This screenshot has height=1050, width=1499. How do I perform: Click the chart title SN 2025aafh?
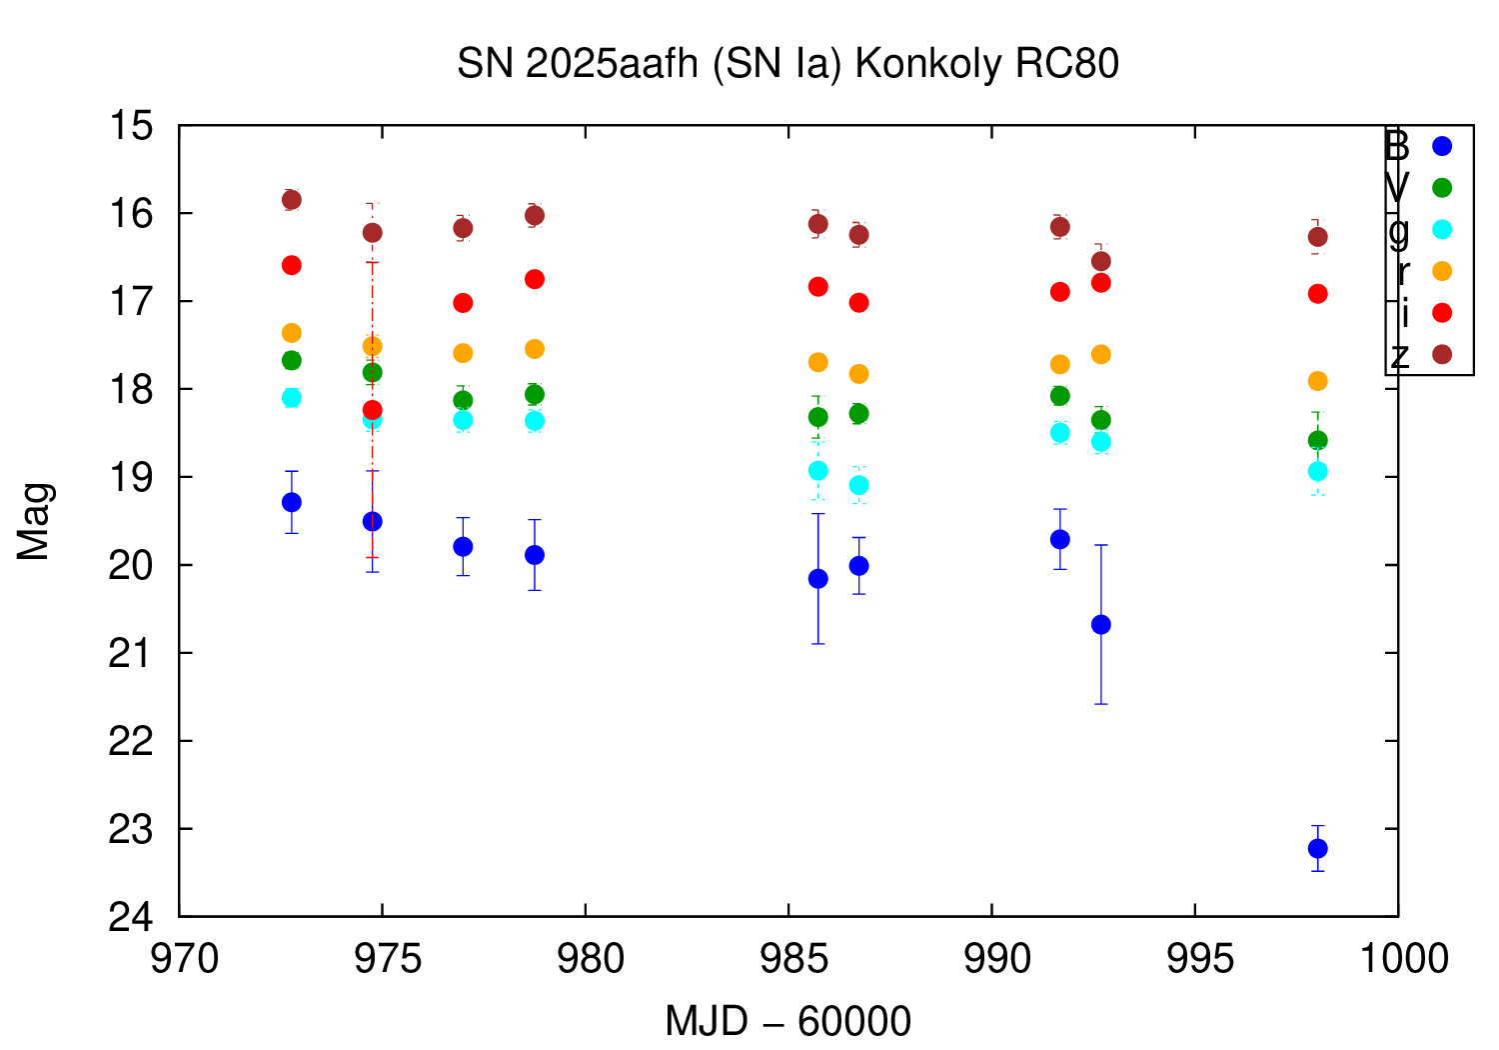(787, 64)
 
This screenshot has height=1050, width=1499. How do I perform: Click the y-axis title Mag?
(34, 521)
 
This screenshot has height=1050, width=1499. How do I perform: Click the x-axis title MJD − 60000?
(787, 1022)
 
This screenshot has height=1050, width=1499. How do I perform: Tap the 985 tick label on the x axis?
(787, 959)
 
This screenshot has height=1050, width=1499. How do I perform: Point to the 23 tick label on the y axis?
(132, 829)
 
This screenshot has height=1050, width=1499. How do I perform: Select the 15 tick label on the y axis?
(132, 127)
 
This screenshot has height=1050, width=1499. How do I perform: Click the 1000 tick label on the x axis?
(1397, 959)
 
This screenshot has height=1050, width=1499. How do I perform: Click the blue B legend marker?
(1441, 146)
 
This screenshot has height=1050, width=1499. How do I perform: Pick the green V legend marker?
(1441, 188)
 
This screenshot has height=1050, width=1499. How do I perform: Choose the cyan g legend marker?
(1441, 229)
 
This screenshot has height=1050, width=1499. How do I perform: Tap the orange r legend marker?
(1441, 271)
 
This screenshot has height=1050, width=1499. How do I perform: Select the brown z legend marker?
(1441, 354)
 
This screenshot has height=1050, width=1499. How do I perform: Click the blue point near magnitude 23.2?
(1317, 848)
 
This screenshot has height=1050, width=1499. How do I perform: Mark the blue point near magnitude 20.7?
(1100, 624)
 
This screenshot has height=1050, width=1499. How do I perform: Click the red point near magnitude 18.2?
(372, 410)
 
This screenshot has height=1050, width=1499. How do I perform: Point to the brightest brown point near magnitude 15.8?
(292, 200)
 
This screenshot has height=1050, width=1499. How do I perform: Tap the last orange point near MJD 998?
(1317, 381)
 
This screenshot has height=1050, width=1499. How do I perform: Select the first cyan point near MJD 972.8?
(292, 398)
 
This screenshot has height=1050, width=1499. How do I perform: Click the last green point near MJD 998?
(1317, 440)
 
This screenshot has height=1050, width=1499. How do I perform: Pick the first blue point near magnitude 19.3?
(292, 502)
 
